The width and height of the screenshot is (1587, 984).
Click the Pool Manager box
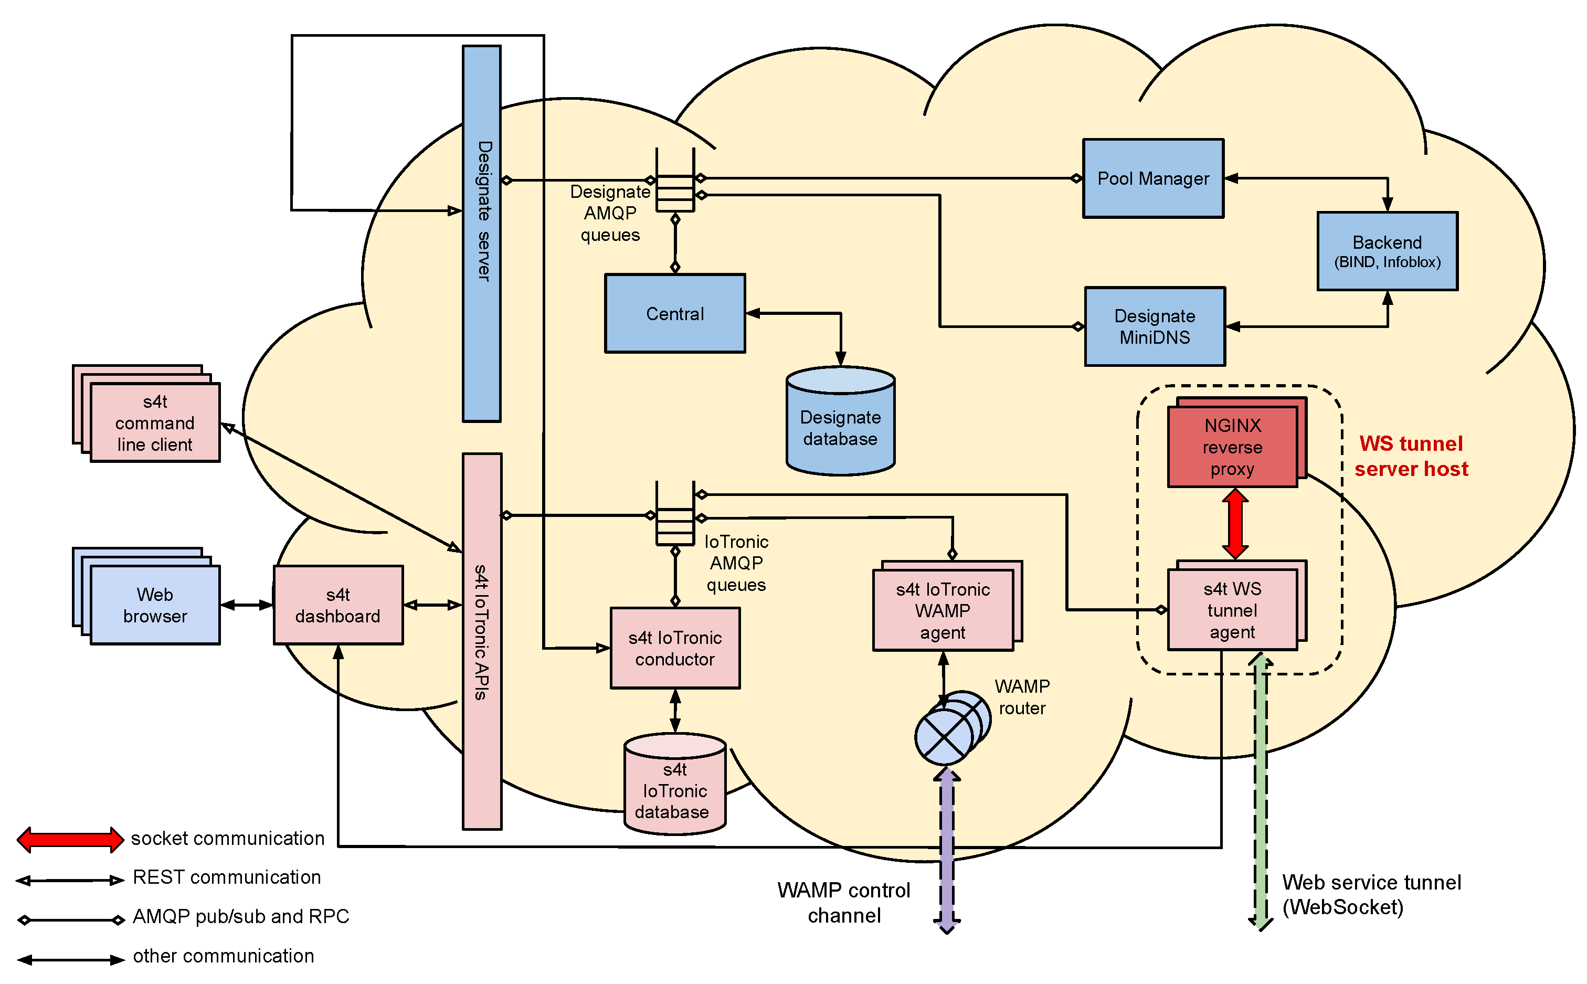pos(1152,178)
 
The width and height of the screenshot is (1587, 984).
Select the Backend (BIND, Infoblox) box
pos(1387,251)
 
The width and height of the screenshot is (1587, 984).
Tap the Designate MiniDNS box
pos(1154,327)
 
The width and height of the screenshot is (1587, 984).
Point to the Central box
pos(675,314)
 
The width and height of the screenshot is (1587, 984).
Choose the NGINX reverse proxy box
pos(1232,447)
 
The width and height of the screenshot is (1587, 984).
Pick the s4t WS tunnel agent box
pos(1232,610)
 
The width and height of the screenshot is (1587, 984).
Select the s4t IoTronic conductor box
pos(675,648)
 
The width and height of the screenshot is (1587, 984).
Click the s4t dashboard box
pos(337,605)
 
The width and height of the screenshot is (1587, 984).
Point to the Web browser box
pos(155,605)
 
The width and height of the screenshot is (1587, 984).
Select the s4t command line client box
pos(155,423)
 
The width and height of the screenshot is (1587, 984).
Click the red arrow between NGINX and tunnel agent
pos(1234,524)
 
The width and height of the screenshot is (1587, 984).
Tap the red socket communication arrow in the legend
pos(70,840)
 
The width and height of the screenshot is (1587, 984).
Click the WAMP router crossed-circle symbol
pos(944,737)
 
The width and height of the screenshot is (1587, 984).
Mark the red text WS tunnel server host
pos(1411,456)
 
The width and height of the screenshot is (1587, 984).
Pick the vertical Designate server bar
pos(481,233)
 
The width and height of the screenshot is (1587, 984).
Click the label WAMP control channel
pos(844,903)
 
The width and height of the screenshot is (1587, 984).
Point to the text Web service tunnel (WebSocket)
pos(1371,895)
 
